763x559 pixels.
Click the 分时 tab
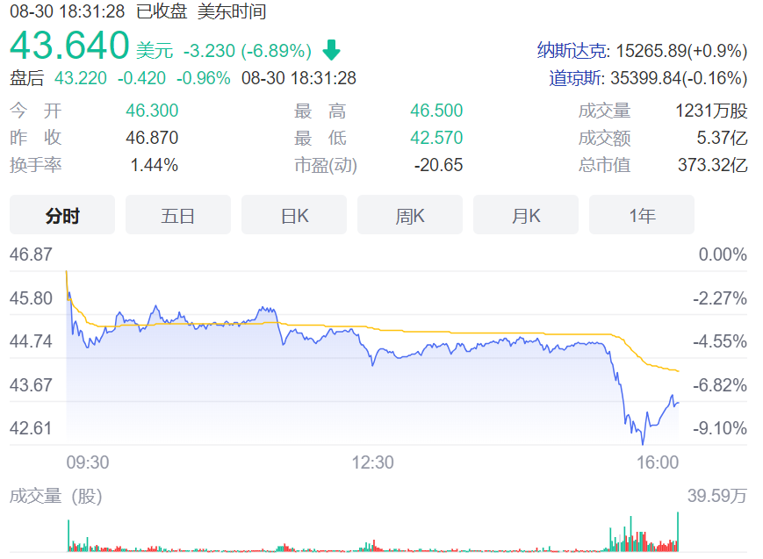point(62,215)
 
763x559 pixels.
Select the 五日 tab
point(178,215)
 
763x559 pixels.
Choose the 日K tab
point(294,215)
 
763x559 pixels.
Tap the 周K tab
point(410,215)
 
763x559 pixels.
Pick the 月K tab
point(526,215)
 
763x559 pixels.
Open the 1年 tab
point(642,215)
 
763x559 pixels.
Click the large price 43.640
point(69,46)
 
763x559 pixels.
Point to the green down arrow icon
point(332,50)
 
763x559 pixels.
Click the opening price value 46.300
point(152,111)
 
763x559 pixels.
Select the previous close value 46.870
point(152,138)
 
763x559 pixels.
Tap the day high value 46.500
point(436,111)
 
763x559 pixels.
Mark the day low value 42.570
point(436,138)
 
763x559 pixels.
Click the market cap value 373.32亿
point(712,165)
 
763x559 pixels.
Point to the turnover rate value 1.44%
point(155,165)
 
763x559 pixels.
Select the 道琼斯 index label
point(575,78)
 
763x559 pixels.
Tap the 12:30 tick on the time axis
point(372,462)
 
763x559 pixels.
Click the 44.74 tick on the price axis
point(32,341)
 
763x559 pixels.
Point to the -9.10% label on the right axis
point(720,428)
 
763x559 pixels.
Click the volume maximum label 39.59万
point(717,496)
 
